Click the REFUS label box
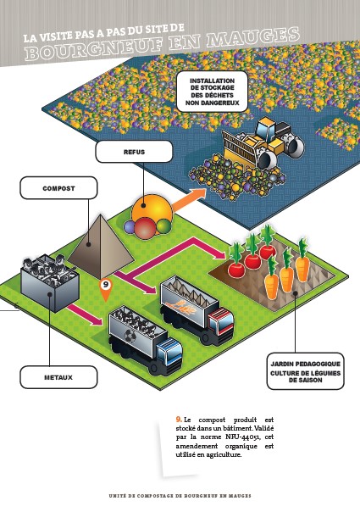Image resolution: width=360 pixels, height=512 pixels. tap(134, 152)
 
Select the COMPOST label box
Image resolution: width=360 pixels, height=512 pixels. tap(58, 188)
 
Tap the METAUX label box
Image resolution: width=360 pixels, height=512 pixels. tap(58, 377)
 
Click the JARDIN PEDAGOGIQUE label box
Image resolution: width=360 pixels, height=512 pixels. tap(305, 371)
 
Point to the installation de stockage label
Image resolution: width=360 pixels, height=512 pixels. tap(212, 92)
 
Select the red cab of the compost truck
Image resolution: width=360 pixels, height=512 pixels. tap(220, 321)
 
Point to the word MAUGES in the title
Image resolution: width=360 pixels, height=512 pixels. tap(253, 37)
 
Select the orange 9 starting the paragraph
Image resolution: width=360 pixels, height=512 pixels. tap(179, 420)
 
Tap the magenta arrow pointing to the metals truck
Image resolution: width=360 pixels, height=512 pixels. tap(86, 314)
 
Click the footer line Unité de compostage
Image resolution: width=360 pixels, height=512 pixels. tap(180, 496)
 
